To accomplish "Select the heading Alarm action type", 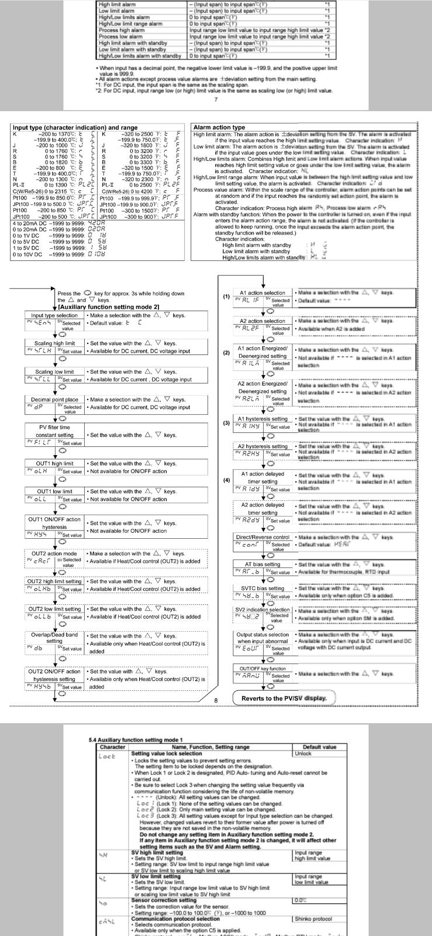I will click(219, 127).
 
